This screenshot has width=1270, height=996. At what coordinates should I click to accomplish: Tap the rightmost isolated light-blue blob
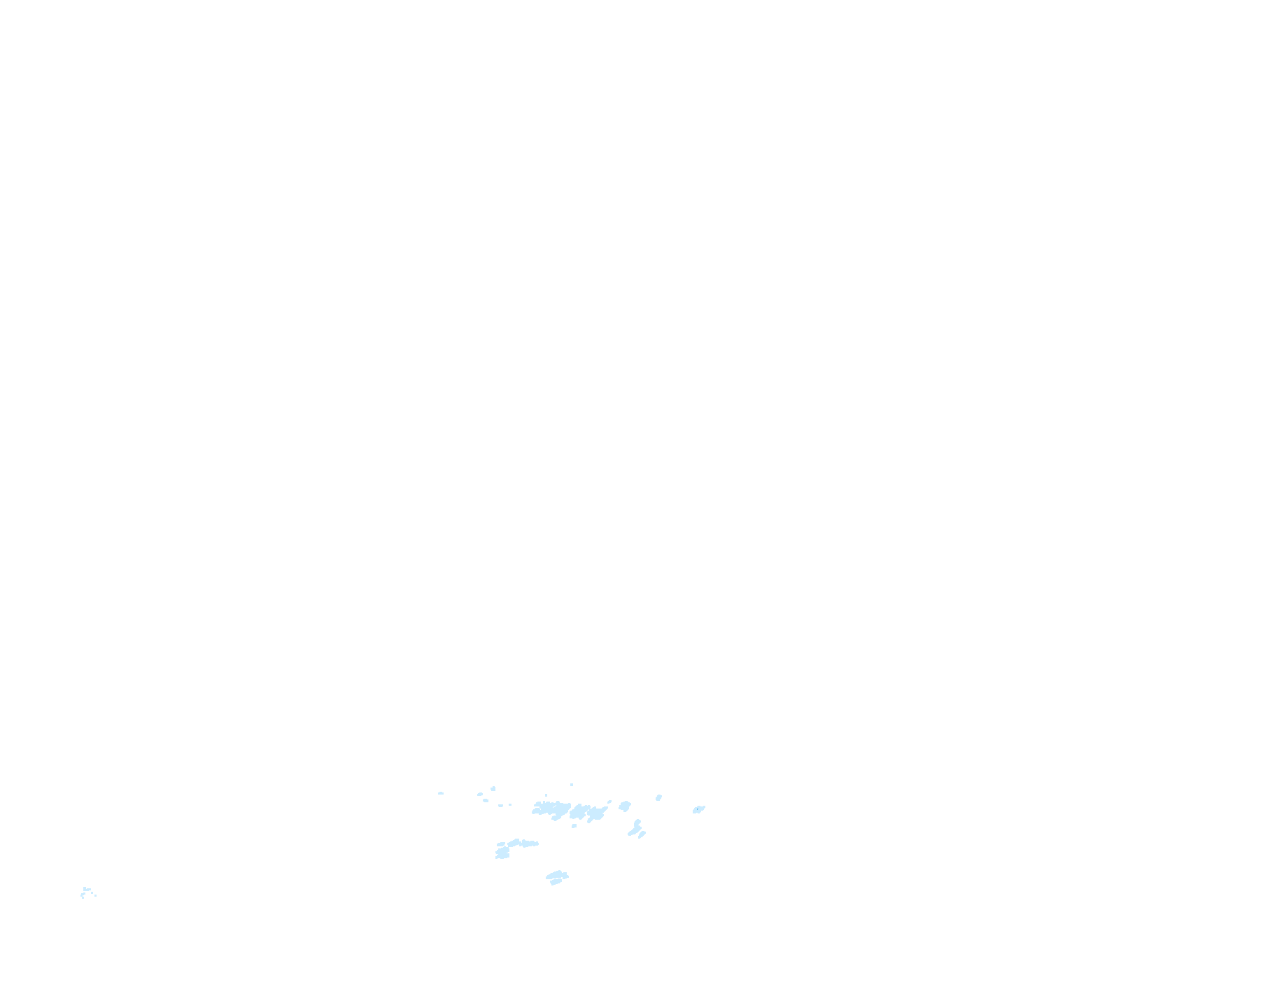coord(698,809)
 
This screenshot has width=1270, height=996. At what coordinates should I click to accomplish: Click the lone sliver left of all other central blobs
coord(441,793)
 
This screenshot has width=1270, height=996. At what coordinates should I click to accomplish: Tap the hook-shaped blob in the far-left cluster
coord(83,895)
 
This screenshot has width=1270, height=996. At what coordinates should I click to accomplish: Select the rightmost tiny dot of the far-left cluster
coord(94,895)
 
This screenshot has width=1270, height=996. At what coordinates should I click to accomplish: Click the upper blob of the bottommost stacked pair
coord(557,874)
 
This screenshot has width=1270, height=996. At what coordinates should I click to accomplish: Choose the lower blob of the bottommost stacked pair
coord(556,881)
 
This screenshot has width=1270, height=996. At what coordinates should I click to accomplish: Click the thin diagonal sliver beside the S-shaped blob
coord(642,834)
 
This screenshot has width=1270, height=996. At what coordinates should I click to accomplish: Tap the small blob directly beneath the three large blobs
coord(574,826)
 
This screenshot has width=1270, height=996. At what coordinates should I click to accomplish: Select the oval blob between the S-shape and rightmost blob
coord(658,797)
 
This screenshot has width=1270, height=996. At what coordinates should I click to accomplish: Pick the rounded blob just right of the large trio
coord(624,806)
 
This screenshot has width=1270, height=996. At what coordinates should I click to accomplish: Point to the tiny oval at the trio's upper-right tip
coord(609,802)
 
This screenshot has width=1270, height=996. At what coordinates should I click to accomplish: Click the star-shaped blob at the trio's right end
coord(596,813)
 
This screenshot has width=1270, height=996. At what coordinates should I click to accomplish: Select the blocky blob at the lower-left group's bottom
coord(502,853)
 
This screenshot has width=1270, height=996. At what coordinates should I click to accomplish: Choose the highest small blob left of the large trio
coord(493,789)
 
